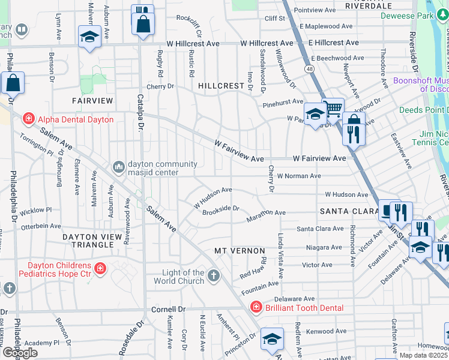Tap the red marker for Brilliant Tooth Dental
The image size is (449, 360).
[256, 307]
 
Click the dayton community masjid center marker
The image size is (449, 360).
[118, 165]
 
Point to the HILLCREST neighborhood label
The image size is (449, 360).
[221, 86]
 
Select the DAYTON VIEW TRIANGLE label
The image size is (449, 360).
[92, 238]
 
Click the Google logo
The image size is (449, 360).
[20, 352]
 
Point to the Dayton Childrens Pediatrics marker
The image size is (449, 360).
[100, 269]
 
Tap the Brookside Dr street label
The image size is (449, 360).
[221, 209]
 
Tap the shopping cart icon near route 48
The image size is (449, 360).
[333, 109]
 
